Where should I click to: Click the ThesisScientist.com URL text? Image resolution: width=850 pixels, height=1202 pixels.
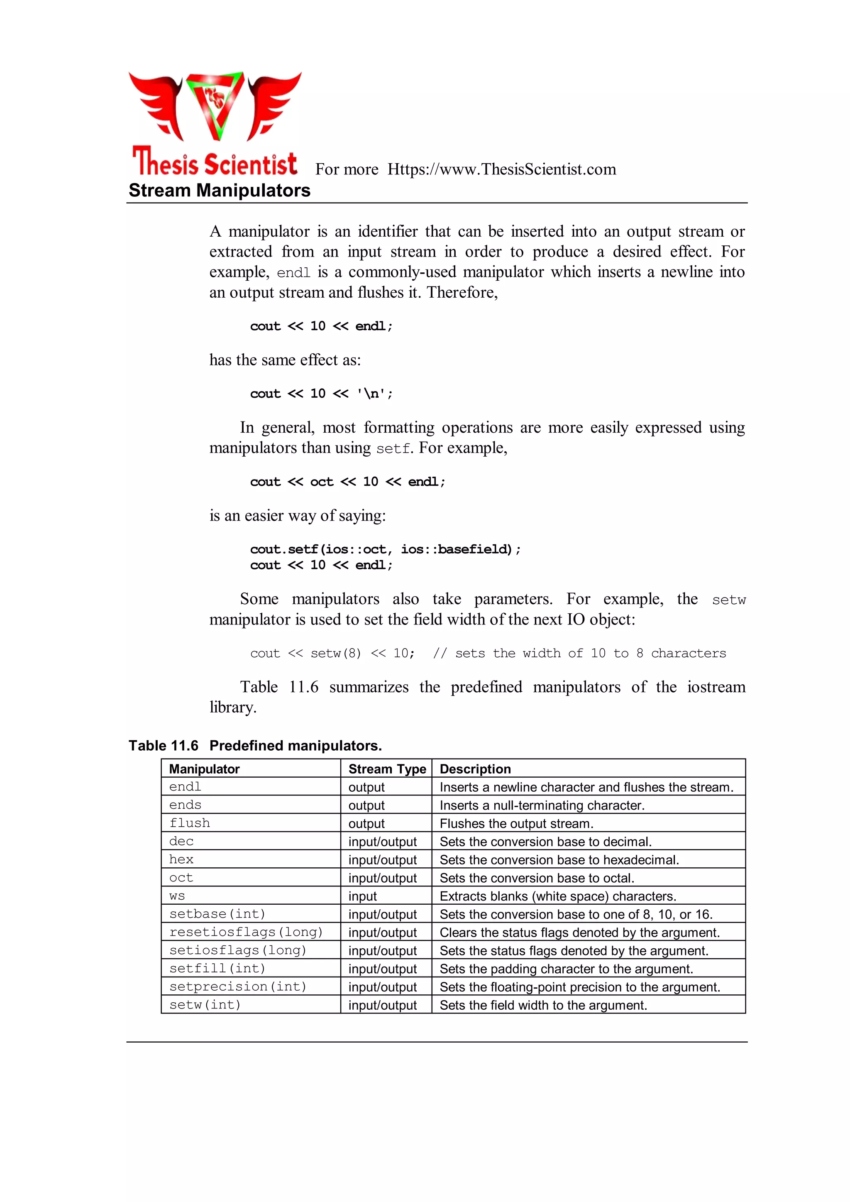(501, 169)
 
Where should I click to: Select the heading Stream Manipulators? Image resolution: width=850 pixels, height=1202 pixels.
(219, 191)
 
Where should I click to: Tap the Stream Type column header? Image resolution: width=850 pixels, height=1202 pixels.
(387, 769)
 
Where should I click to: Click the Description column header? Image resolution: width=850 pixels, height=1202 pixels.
(475, 769)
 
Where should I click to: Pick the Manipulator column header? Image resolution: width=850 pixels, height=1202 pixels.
(204, 769)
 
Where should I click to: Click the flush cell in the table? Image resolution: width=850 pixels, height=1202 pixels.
(190, 823)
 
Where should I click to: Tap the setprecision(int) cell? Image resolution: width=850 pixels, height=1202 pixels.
(238, 987)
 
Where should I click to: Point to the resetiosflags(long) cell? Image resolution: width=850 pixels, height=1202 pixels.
(246, 932)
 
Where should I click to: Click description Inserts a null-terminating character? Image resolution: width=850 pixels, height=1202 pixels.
(542, 805)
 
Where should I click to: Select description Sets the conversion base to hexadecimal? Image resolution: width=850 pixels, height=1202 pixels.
(559, 859)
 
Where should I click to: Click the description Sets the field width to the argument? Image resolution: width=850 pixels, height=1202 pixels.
(543, 1005)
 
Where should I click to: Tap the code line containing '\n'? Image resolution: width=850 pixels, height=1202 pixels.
(321, 394)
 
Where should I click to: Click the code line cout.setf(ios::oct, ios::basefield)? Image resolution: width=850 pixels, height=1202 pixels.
(385, 549)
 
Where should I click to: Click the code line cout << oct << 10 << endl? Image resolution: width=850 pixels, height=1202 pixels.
(347, 482)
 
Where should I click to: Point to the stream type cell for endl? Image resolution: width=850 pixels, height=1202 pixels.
(366, 787)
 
